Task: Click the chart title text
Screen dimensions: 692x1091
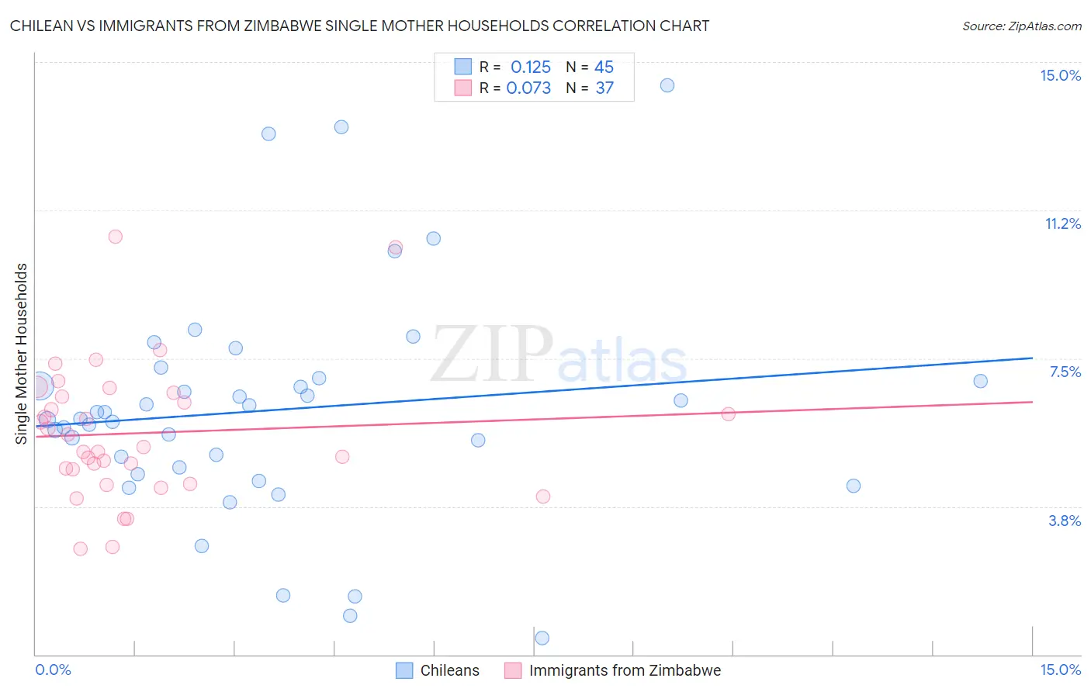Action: point(359,26)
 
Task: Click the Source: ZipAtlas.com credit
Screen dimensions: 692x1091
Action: point(1021,26)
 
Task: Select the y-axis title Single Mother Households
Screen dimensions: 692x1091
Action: point(22,354)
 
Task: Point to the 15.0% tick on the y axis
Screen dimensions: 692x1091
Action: point(1060,75)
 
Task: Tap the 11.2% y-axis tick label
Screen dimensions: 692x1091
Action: point(1062,223)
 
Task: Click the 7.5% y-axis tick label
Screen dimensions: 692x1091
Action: point(1065,372)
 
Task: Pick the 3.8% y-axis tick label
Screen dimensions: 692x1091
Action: point(1065,521)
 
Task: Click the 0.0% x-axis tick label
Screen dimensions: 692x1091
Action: point(53,670)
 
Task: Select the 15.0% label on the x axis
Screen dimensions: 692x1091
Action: point(1060,670)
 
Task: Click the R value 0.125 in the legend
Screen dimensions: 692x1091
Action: point(530,67)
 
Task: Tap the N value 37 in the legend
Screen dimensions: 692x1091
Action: point(604,88)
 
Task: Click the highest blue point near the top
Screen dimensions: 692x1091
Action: point(667,85)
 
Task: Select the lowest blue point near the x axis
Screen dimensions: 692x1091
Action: point(542,638)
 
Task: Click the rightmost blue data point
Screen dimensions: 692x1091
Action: point(980,381)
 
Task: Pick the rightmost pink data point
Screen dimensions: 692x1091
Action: point(728,413)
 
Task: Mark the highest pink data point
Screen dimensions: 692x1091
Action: point(115,237)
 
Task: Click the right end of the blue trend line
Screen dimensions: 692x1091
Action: point(1032,358)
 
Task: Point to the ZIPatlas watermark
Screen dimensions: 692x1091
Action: point(559,355)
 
